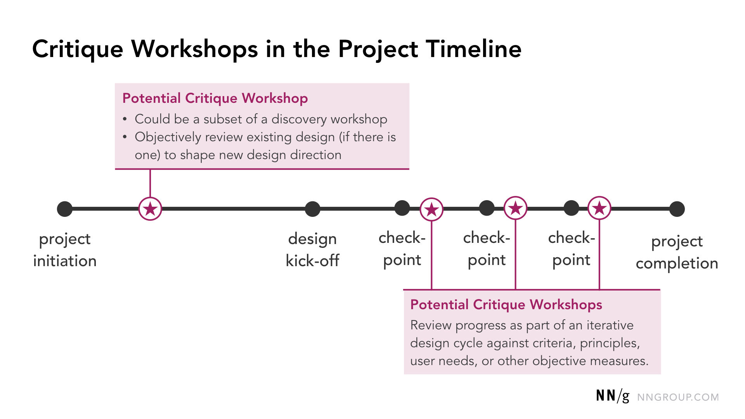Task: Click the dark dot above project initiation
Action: (65, 209)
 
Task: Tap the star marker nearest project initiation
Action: (150, 209)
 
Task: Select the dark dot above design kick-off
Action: (312, 209)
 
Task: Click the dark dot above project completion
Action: (677, 209)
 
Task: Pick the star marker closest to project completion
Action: (599, 208)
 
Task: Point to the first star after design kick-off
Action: (431, 209)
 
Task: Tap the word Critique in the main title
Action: (78, 49)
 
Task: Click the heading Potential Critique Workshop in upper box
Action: (215, 99)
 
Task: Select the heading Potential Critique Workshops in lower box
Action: (506, 305)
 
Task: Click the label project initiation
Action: (65, 250)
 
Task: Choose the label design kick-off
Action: (312, 250)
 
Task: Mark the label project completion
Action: (677, 252)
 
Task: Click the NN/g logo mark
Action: (612, 396)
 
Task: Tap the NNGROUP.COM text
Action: (678, 397)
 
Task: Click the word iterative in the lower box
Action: (610, 325)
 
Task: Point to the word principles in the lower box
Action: (609, 343)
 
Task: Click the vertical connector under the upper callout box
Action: (150, 183)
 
